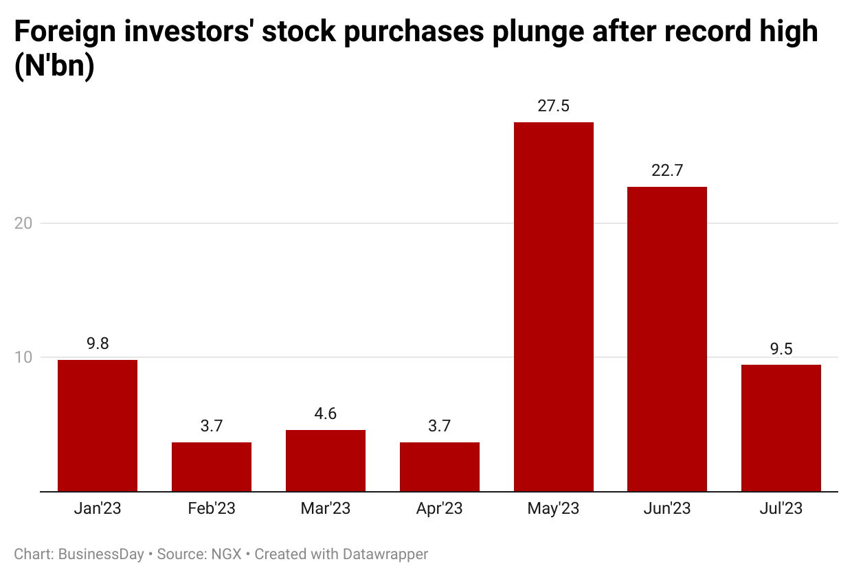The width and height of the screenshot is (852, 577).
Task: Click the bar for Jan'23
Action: click(x=98, y=425)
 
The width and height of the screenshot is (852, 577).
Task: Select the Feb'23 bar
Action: click(x=212, y=466)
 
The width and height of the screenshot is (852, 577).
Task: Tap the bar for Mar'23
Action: click(x=326, y=460)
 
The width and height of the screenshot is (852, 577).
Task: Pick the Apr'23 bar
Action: click(x=440, y=466)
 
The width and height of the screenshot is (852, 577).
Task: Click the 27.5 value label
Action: click(x=554, y=106)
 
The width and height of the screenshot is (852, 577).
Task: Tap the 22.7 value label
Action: click(x=667, y=171)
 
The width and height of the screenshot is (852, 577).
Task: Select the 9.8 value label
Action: click(x=98, y=344)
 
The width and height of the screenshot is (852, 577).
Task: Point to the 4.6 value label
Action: click(x=326, y=414)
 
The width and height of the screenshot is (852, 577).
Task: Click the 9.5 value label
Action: click(x=781, y=349)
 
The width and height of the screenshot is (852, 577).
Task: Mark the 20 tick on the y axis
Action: click(x=25, y=224)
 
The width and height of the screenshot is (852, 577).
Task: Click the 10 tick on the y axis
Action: click(x=25, y=358)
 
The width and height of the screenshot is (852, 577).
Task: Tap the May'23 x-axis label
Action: click(x=554, y=509)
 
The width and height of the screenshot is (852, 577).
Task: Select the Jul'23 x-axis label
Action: click(x=781, y=509)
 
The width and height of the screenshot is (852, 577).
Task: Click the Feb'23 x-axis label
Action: click(x=212, y=509)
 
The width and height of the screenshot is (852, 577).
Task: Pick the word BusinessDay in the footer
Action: click(x=102, y=554)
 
